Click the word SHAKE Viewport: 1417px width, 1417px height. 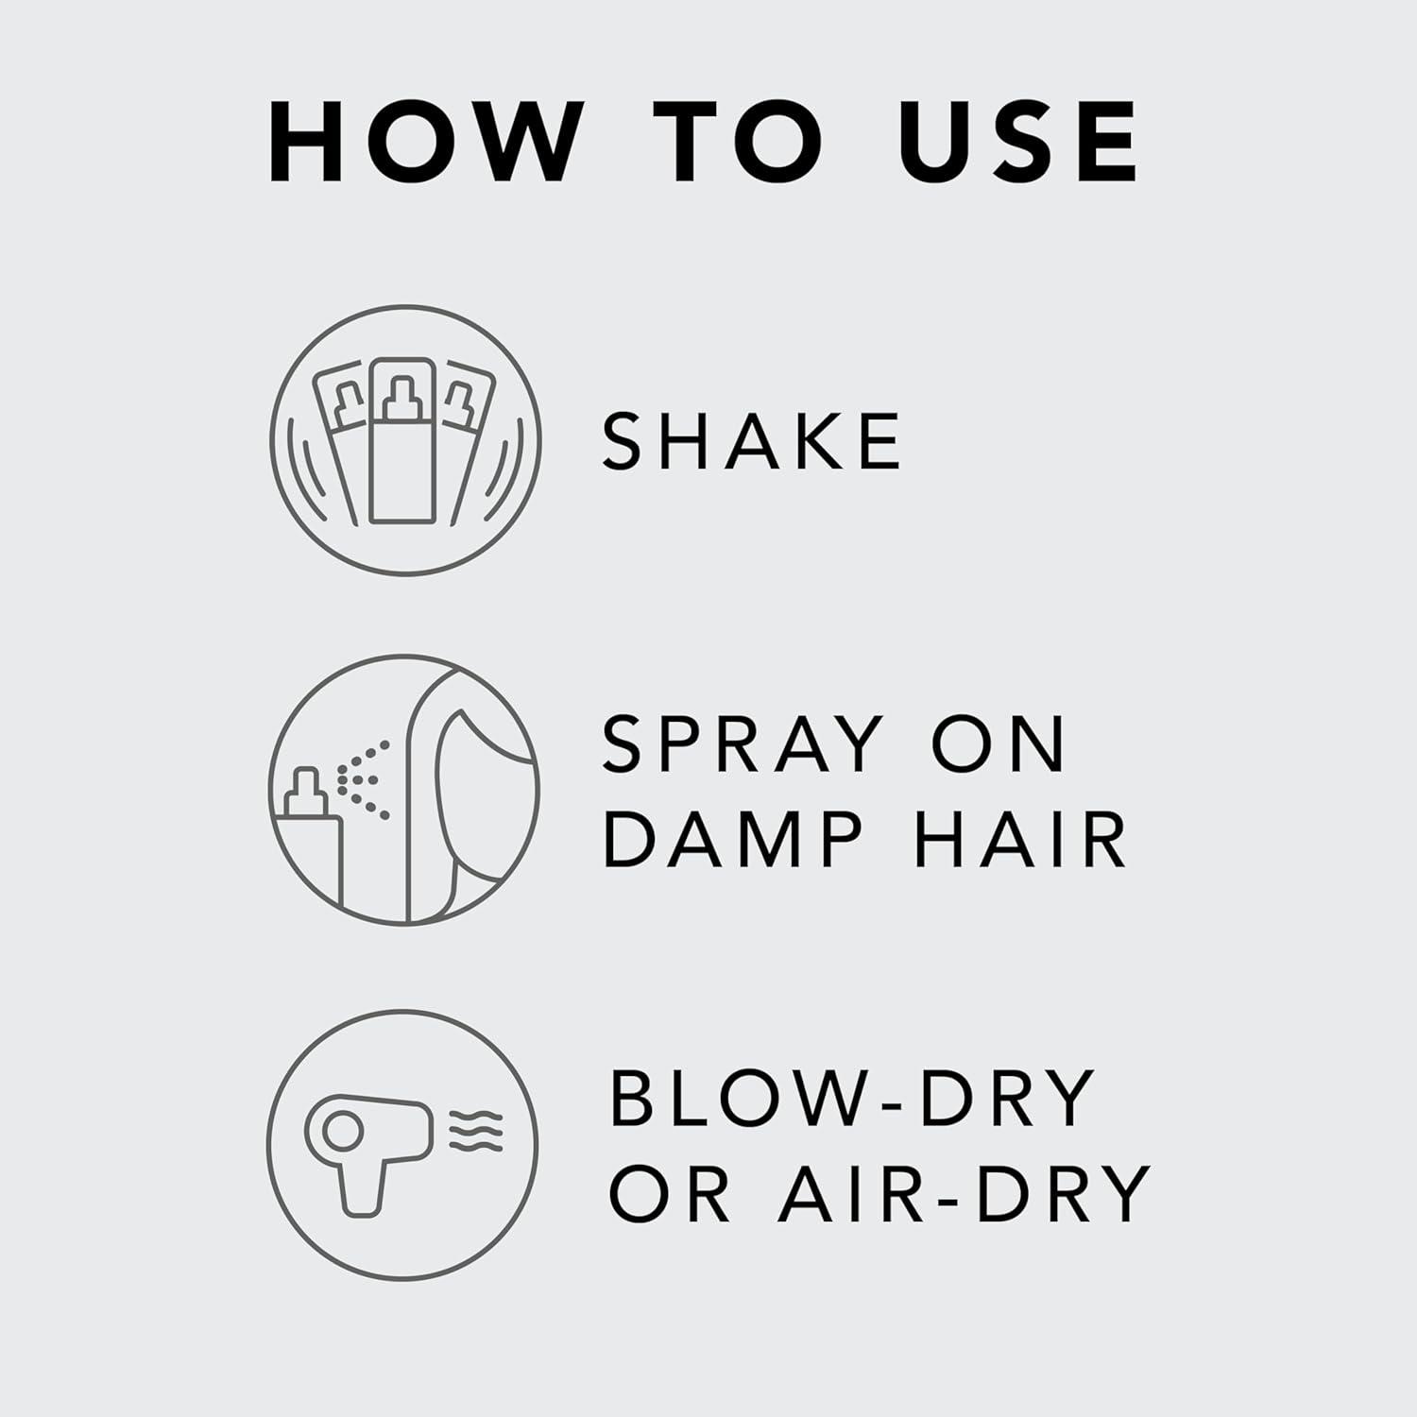(x=752, y=441)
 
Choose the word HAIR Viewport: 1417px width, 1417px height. (x=1020, y=839)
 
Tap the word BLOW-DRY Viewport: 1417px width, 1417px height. (x=853, y=1099)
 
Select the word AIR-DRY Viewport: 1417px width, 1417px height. (x=965, y=1194)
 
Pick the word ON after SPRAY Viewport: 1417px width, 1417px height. (x=999, y=744)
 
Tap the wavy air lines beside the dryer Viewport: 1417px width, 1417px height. (x=476, y=1131)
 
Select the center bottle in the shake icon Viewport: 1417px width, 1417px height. (x=403, y=444)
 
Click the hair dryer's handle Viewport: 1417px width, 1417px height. (x=362, y=1186)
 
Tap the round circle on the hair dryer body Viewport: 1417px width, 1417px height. (x=341, y=1130)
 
